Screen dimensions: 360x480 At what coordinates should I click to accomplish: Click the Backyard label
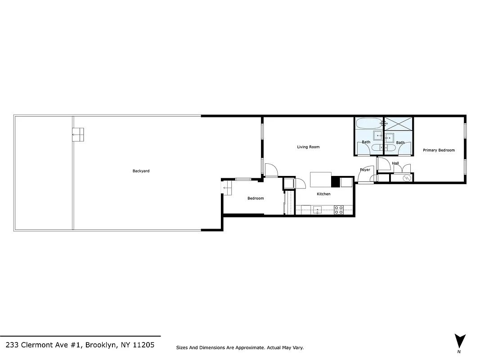[141, 171]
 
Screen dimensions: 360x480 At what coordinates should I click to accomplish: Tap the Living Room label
[308, 147]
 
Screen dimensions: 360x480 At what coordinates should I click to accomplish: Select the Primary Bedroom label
[439, 150]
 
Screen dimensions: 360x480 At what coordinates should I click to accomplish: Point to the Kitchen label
[323, 194]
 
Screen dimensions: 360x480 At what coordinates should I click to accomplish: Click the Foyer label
[365, 170]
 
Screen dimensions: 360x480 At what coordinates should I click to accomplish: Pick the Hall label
[395, 163]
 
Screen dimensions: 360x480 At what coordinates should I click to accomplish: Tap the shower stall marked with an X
[399, 123]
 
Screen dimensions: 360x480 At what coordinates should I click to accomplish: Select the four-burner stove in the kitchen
[339, 209]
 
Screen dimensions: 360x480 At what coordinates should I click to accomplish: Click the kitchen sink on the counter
[318, 210]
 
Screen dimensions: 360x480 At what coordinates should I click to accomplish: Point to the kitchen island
[321, 180]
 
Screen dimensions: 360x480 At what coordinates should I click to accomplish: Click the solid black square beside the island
[336, 181]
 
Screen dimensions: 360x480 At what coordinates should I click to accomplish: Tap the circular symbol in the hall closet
[407, 178]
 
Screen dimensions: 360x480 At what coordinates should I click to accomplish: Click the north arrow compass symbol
[459, 341]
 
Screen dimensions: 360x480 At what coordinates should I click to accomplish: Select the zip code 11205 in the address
[143, 345]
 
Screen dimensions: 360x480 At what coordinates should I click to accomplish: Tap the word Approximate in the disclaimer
[250, 348]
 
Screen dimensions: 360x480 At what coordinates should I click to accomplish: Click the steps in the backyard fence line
[78, 135]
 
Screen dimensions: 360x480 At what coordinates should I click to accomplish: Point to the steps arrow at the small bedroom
[227, 187]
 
